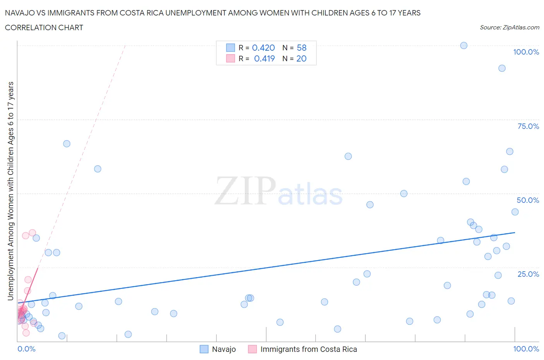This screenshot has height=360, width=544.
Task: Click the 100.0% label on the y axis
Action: pyautogui.click(x=526, y=52)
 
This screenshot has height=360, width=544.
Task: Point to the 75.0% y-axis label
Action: pyautogui.click(x=528, y=126)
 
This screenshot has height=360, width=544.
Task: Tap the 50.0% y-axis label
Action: pyautogui.click(x=528, y=200)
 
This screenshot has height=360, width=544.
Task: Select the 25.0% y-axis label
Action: pyautogui.click(x=528, y=274)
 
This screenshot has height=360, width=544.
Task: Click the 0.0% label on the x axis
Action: pyautogui.click(x=26, y=349)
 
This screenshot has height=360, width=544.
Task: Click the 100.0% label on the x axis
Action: pyautogui.click(x=526, y=349)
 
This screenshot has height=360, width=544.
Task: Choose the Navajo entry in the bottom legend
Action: pyautogui.click(x=224, y=349)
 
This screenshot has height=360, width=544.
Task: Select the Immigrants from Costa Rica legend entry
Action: pyautogui.click(x=308, y=349)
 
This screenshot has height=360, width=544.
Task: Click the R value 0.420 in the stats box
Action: pyautogui.click(x=263, y=48)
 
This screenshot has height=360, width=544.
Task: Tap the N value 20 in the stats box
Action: pyautogui.click(x=301, y=58)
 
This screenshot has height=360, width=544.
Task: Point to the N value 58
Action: pyautogui.click(x=301, y=48)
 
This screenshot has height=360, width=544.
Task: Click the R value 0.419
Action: pyautogui.click(x=264, y=58)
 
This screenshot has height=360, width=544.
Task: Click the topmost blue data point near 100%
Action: pyautogui.click(x=464, y=45)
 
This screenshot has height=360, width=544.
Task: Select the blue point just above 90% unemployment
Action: pyautogui.click(x=502, y=68)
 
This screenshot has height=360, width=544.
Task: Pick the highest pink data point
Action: pyautogui.click(x=33, y=233)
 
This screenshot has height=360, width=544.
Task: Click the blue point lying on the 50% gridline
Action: pyautogui.click(x=404, y=194)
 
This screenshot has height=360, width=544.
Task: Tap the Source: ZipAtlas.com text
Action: pyautogui.click(x=509, y=27)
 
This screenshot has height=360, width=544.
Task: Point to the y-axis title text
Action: pyautogui.click(x=10, y=191)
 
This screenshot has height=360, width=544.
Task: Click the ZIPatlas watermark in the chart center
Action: pyautogui.click(x=279, y=192)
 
